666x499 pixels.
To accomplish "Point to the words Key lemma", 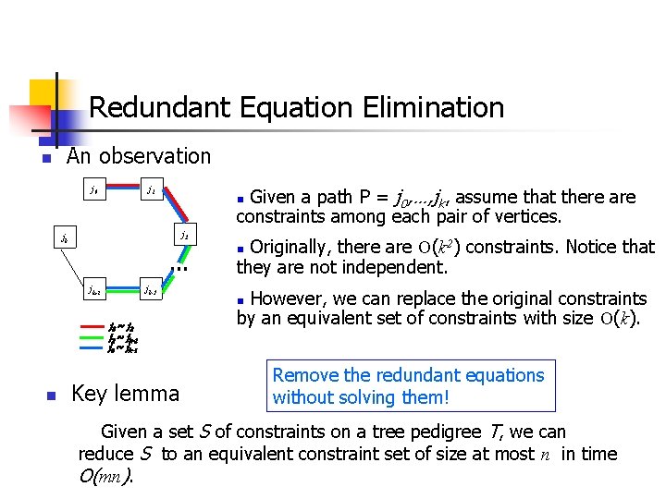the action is tap(125, 394).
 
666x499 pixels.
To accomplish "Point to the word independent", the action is tap(398, 268).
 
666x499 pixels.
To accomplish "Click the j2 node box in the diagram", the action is tap(184, 236).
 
